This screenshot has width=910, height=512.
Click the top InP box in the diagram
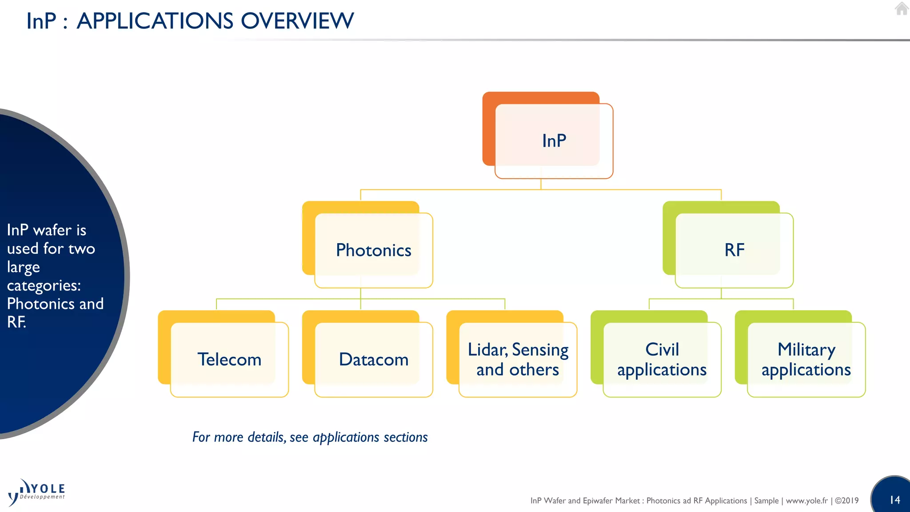click(x=554, y=141)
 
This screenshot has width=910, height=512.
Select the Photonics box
click(x=373, y=250)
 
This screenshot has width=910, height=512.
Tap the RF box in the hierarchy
click(x=734, y=250)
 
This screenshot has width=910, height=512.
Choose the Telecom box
click(x=229, y=360)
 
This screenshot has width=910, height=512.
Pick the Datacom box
click(x=373, y=360)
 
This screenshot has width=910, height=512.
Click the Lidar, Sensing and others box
click(x=518, y=360)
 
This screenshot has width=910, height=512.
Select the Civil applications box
click(x=662, y=360)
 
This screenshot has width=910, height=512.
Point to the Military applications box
click(x=806, y=360)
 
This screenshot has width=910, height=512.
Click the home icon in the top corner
click(x=902, y=9)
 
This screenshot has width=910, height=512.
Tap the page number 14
click(x=895, y=500)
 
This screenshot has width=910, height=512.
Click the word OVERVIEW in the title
click(x=297, y=21)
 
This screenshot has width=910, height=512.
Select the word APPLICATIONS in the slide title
click(x=155, y=21)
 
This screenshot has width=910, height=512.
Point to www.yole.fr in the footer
click(x=806, y=501)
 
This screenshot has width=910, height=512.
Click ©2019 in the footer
click(x=846, y=501)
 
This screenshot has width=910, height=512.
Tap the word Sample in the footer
click(x=766, y=501)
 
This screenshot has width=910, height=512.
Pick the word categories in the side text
click(x=44, y=286)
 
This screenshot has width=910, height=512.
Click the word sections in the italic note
click(x=405, y=437)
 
